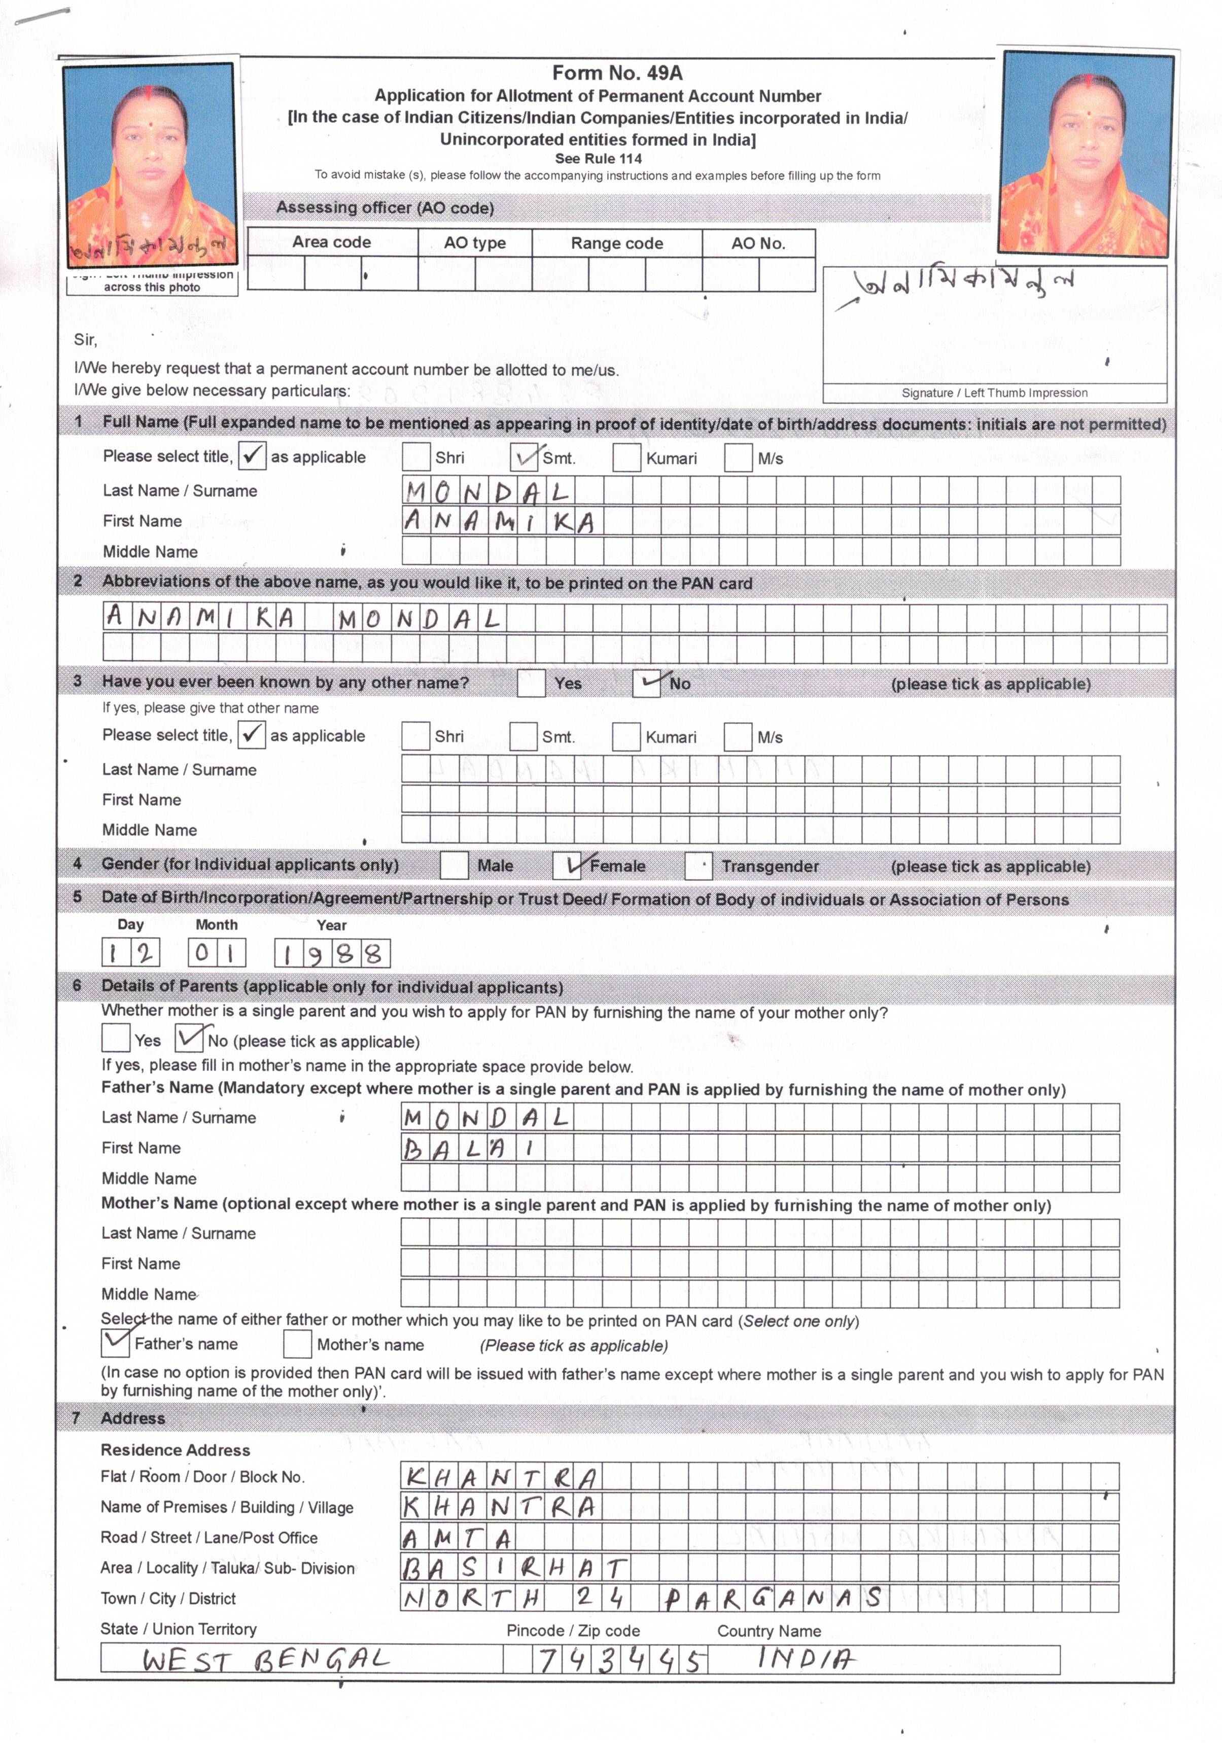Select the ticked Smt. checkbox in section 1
click(524, 457)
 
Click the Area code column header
click(332, 242)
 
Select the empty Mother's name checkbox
click(297, 1344)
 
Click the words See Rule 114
click(599, 159)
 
